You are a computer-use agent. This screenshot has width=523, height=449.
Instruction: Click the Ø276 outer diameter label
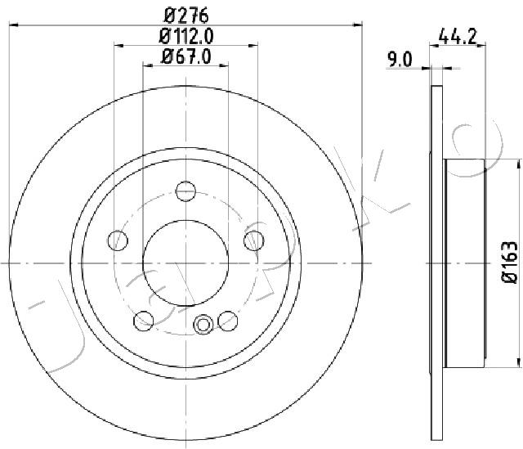click(187, 16)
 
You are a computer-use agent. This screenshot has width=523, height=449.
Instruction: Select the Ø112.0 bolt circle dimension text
click(186, 36)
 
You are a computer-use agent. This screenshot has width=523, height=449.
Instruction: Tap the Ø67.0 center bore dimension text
click(186, 56)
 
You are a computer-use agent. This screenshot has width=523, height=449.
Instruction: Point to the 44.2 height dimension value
click(458, 36)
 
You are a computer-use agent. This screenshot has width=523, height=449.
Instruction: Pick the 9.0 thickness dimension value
click(400, 60)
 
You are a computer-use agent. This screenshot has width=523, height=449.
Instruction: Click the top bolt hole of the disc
click(186, 191)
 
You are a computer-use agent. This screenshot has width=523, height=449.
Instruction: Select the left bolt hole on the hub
click(118, 240)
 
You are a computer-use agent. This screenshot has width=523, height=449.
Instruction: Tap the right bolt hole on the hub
click(254, 240)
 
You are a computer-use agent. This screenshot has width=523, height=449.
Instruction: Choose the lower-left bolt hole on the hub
click(144, 321)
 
